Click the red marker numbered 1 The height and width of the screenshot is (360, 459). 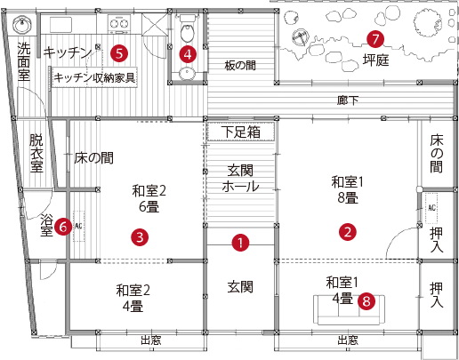pyautogui.click(x=240, y=243)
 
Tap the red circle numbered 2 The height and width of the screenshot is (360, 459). pyautogui.click(x=348, y=232)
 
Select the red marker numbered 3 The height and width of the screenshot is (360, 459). pyautogui.click(x=140, y=237)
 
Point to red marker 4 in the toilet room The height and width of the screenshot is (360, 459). pyautogui.click(x=188, y=54)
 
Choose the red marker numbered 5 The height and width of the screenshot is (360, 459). pyautogui.click(x=119, y=53)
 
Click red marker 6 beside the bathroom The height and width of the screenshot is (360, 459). pyautogui.click(x=63, y=227)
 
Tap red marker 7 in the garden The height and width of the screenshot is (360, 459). pyautogui.click(x=375, y=39)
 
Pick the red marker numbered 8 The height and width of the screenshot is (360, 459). pyautogui.click(x=366, y=301)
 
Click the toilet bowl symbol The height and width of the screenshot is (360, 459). pyautogui.click(x=187, y=32)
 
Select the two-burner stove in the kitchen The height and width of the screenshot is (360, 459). pyautogui.click(x=119, y=24)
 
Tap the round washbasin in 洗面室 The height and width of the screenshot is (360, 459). pyautogui.click(x=22, y=25)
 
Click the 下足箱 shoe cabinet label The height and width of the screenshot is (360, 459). pyautogui.click(x=241, y=132)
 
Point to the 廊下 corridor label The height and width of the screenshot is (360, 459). pyautogui.click(x=347, y=100)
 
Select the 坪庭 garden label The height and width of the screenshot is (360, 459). pyautogui.click(x=375, y=60)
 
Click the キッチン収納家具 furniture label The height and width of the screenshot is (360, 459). pyautogui.click(x=94, y=77)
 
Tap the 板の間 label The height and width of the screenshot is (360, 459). pyautogui.click(x=240, y=66)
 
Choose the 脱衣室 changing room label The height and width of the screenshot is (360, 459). pyautogui.click(x=36, y=153)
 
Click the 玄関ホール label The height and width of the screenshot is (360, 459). pyautogui.click(x=240, y=179)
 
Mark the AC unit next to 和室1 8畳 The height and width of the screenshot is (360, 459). pyautogui.click(x=431, y=208)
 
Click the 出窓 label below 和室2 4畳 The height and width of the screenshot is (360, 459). pyautogui.click(x=150, y=340)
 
